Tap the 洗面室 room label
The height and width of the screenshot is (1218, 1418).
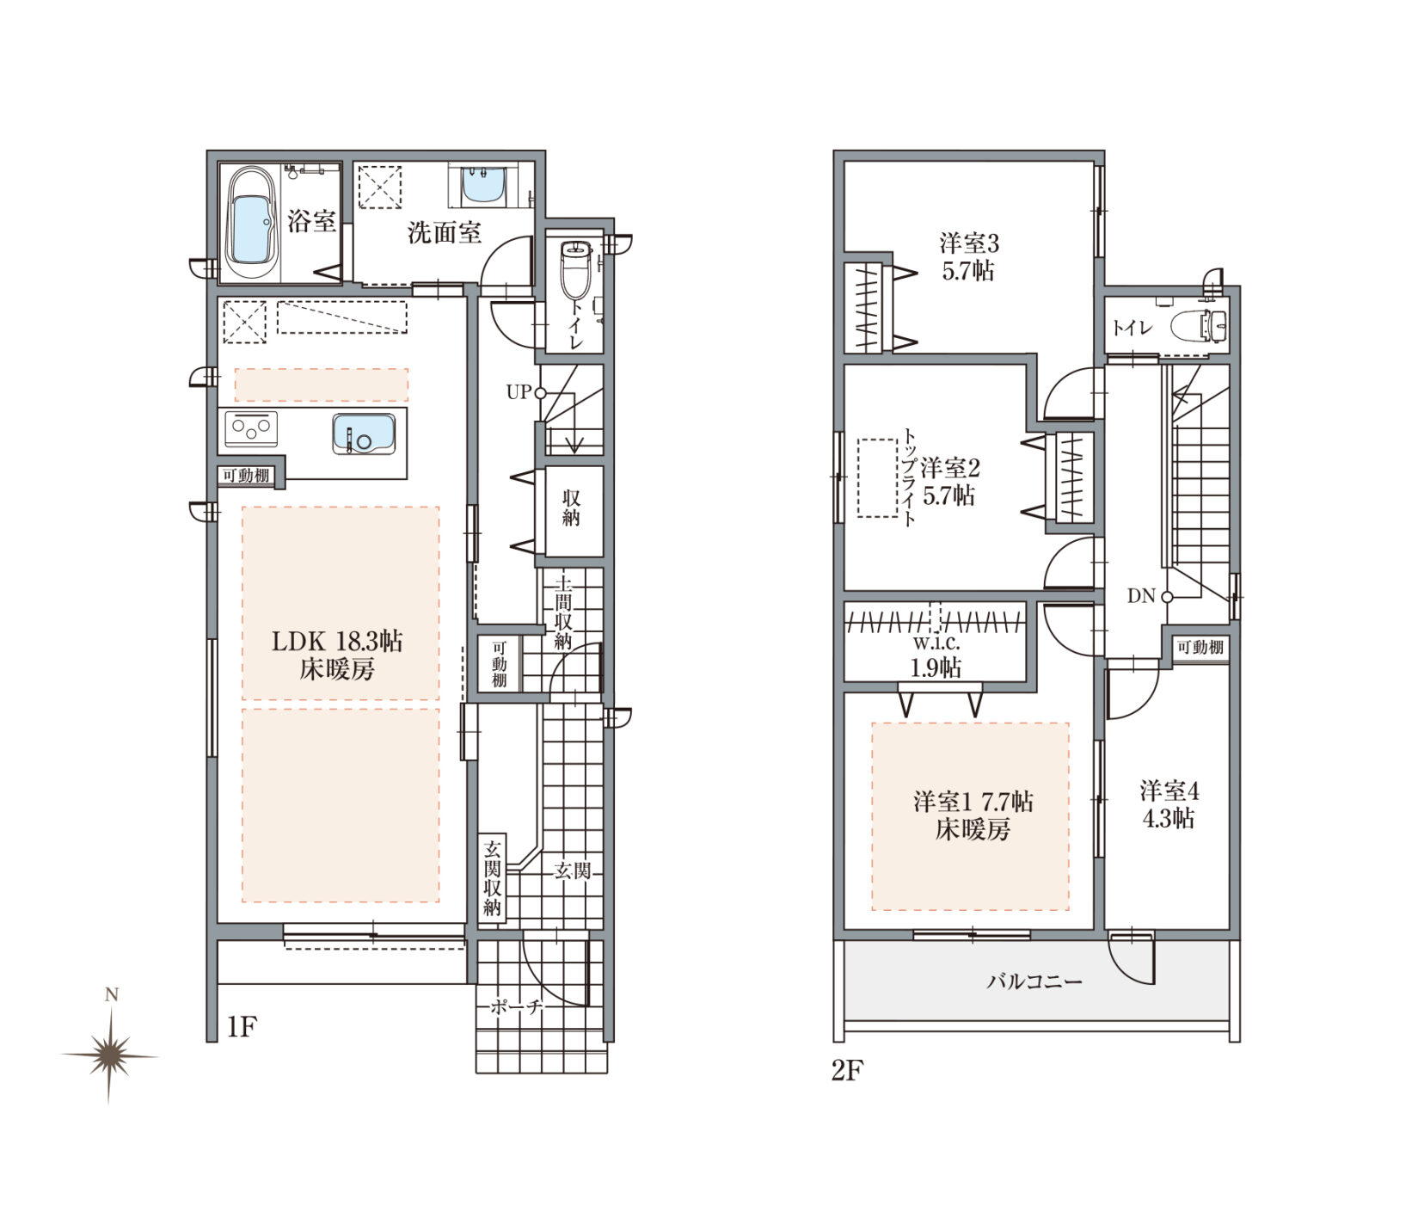(x=445, y=232)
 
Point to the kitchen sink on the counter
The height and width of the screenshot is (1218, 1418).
(x=365, y=434)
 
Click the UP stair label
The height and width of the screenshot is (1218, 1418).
(x=519, y=392)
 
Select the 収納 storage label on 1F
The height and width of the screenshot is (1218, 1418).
(x=571, y=507)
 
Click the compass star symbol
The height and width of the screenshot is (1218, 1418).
(x=109, y=1055)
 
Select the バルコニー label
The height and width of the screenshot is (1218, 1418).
(x=1034, y=981)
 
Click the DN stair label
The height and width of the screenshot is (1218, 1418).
(x=1141, y=595)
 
